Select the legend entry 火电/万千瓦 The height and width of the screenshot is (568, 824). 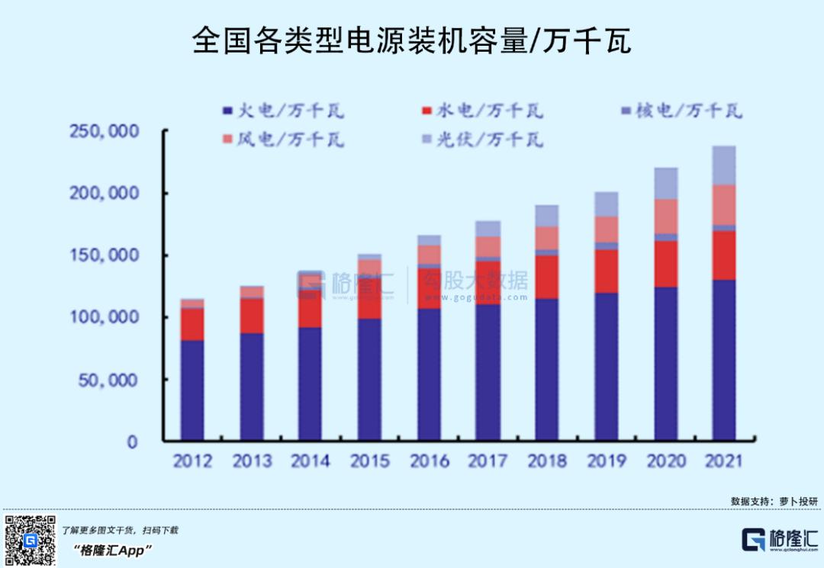[x=282, y=111]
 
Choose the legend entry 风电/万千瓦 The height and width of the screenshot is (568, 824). [x=282, y=140]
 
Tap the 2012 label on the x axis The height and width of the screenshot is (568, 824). [x=192, y=461]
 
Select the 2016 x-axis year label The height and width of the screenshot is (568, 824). [x=430, y=461]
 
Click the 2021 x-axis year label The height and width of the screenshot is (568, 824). [x=723, y=461]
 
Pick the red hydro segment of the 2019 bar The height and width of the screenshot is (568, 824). [x=607, y=271]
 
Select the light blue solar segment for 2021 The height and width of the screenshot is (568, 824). [x=723, y=165]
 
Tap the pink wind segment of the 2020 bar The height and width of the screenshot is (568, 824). [x=666, y=217]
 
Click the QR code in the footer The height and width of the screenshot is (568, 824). [x=30, y=541]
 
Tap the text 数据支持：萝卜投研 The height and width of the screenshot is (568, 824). [x=774, y=501]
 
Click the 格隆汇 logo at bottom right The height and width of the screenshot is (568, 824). [x=780, y=539]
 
